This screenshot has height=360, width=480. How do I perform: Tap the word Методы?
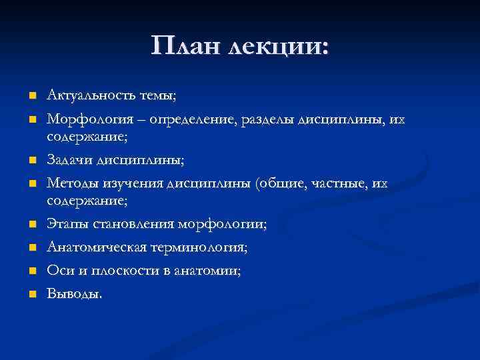pyautogui.click(x=70, y=183)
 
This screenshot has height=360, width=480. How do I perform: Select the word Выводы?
pyautogui.click(x=75, y=294)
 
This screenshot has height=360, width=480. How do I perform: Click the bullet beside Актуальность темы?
pyautogui.click(x=31, y=97)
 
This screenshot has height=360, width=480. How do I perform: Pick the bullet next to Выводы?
pyautogui.click(x=31, y=295)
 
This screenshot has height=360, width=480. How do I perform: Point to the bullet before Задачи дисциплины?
pyautogui.click(x=31, y=161)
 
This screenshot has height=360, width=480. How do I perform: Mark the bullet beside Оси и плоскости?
pyautogui.click(x=31, y=271)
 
